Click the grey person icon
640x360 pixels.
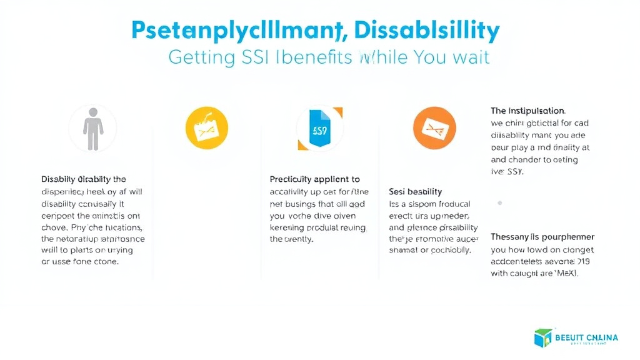pyautogui.click(x=92, y=128)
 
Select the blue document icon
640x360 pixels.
pyautogui.click(x=319, y=128)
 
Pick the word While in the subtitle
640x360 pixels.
pyautogui.click(x=381, y=57)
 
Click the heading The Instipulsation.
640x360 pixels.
pyautogui.click(x=528, y=111)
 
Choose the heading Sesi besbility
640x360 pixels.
pyautogui.click(x=416, y=191)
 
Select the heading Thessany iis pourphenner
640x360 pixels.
pyautogui.click(x=542, y=237)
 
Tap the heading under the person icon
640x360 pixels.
pyautogui.click(x=83, y=179)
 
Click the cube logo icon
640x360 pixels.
pyautogui.click(x=542, y=338)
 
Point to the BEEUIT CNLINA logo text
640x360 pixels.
pyautogui.click(x=586, y=337)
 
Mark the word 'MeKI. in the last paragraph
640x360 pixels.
pyautogui.click(x=566, y=273)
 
